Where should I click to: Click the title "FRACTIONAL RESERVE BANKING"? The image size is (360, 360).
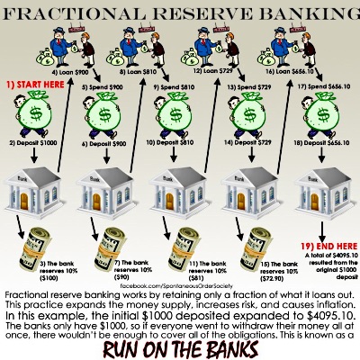[x=180, y=13]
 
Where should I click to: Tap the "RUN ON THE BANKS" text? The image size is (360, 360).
[x=180, y=345]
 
